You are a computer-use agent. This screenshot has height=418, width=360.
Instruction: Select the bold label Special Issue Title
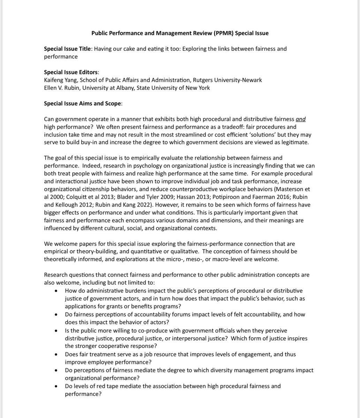pos(67,49)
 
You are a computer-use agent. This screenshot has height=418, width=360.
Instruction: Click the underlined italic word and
pos(300,119)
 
